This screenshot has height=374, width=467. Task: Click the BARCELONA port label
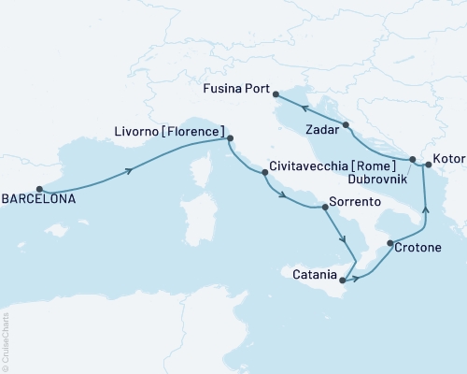pyautogui.click(x=38, y=198)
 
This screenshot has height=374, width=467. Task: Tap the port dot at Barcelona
pyautogui.click(x=40, y=188)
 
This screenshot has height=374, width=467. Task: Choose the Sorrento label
pyautogui.click(x=356, y=201)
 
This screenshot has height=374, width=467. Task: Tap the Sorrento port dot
pyautogui.click(x=325, y=207)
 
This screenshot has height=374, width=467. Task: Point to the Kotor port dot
pyautogui.click(x=429, y=165)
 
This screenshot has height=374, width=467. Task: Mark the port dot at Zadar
pyautogui.click(x=346, y=124)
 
